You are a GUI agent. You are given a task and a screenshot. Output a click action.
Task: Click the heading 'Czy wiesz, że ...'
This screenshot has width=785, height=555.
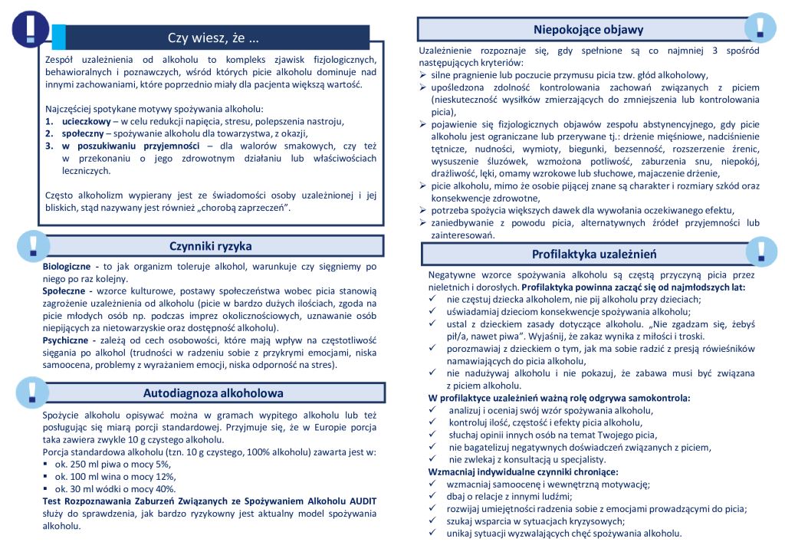click(213, 38)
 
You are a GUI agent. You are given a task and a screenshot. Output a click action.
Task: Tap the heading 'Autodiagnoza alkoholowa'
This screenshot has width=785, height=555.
click(213, 393)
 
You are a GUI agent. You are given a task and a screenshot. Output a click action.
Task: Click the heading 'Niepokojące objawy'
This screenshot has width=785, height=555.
click(593, 30)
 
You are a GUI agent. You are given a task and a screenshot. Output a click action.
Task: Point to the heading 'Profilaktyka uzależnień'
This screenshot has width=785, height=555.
click(594, 254)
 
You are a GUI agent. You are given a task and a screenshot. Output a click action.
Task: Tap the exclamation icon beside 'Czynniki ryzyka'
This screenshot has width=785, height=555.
click(32, 245)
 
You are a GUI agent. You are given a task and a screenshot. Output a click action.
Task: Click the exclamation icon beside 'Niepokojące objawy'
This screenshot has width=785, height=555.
click(760, 27)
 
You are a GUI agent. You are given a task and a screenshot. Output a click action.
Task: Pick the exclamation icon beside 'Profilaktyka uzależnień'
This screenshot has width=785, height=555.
click(760, 251)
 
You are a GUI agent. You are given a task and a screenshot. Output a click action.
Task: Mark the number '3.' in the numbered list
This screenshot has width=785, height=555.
click(49, 145)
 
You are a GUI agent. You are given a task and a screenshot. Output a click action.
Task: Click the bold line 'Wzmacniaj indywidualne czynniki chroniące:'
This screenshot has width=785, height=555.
click(524, 471)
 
